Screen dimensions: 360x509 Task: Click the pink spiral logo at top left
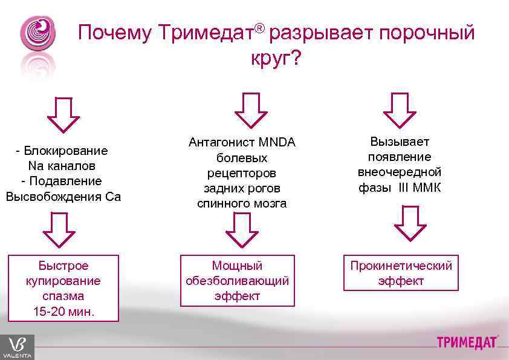click(37, 34)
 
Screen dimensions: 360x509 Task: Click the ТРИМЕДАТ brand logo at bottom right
click(468, 342)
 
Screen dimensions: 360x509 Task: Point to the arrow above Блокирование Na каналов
click(63, 114)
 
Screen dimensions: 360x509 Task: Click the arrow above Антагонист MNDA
click(250, 110)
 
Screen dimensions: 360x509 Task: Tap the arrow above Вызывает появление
click(400, 110)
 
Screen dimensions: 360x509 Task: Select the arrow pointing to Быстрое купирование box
click(59, 229)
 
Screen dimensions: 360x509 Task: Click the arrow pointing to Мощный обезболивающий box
click(242, 229)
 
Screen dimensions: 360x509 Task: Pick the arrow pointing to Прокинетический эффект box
click(409, 223)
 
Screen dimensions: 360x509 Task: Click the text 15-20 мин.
click(63, 312)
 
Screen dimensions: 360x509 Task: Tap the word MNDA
click(277, 143)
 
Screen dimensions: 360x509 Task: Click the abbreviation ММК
click(427, 188)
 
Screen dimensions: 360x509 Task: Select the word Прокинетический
click(401, 266)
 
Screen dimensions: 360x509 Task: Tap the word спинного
click(220, 203)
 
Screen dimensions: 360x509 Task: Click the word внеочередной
click(400, 172)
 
